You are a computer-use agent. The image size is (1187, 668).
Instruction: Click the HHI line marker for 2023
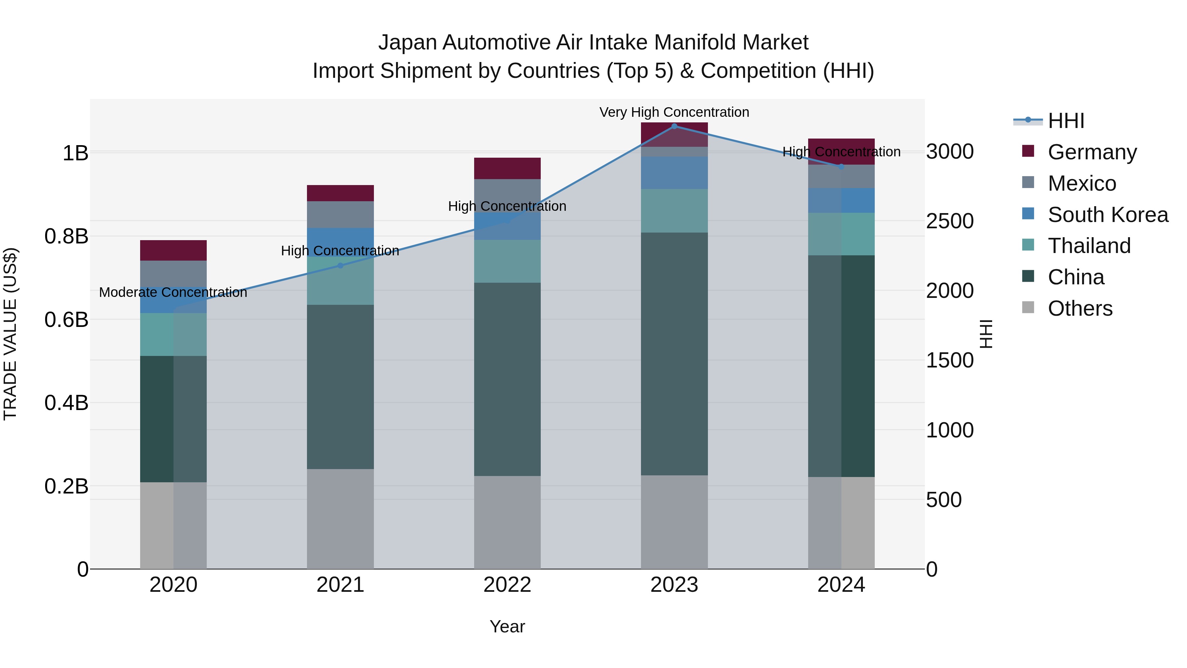coord(674,126)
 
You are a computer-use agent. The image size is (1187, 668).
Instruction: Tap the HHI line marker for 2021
coord(340,266)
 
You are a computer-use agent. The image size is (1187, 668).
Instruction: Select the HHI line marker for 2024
coord(841,167)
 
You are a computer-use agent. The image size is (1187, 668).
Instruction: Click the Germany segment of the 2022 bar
coord(507,168)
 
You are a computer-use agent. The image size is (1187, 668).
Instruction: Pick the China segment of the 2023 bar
coord(674,354)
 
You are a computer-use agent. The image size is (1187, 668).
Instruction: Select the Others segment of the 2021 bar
coord(340,519)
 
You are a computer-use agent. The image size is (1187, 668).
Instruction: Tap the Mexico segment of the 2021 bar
coord(340,214)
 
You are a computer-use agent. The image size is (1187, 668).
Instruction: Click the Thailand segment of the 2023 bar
coord(674,211)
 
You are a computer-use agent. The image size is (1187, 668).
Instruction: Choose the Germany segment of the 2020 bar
coord(173,250)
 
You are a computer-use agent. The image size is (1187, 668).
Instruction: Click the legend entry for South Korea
coord(1108,215)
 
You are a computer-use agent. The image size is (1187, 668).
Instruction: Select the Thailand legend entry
coord(1089,246)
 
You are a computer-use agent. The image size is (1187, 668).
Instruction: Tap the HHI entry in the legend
coord(1066,121)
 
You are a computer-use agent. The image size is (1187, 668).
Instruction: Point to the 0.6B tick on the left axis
coord(66,319)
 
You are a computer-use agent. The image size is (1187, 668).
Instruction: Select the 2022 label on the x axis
coord(507,585)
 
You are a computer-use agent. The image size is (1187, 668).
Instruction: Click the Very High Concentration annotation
coord(674,112)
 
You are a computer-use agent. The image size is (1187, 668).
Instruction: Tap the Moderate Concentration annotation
coord(173,292)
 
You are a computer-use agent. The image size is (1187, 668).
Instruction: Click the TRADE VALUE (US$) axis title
coord(10,334)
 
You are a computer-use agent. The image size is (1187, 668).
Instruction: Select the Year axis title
coord(507,626)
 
